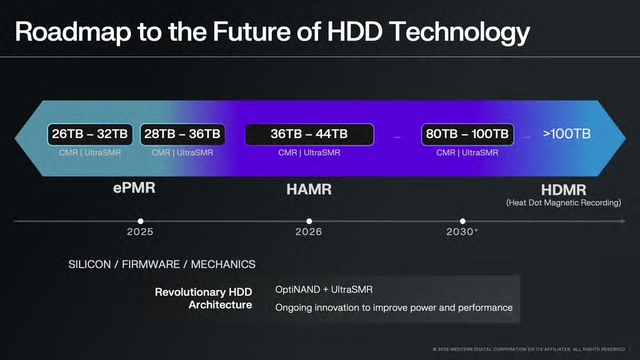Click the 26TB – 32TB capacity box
pos(90,134)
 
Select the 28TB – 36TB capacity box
pos(182,134)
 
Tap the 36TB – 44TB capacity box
pos(309,134)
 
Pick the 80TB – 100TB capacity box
pos(467,134)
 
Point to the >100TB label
pos(566,134)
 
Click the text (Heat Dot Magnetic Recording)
pos(563,202)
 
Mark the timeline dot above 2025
pos(141,221)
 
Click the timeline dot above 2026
pos(309,221)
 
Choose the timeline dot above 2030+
pos(462,221)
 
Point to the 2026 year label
pos(309,232)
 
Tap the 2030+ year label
pos(462,232)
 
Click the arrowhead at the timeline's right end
pos(623,221)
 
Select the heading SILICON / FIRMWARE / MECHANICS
pos(162,264)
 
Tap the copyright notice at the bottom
pos(529,349)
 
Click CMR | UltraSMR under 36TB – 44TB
pos(309,153)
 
